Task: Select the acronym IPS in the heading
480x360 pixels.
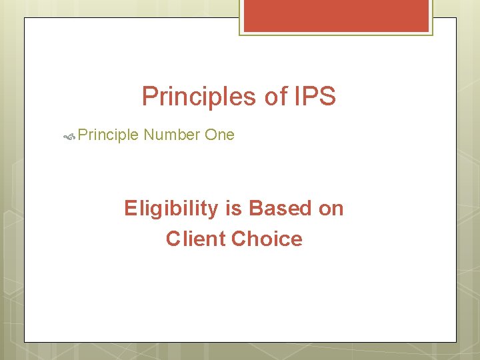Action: click(x=314, y=97)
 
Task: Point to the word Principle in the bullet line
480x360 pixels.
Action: click(x=107, y=135)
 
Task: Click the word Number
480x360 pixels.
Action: click(x=171, y=135)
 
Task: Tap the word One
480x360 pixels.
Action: click(x=219, y=135)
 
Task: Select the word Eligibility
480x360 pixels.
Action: click(x=171, y=209)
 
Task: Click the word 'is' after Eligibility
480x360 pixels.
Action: click(x=233, y=209)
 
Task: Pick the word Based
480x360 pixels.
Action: click(x=279, y=209)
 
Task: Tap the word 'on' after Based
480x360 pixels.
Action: click(x=331, y=209)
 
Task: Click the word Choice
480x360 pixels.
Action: click(x=267, y=239)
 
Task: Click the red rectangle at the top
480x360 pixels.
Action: click(x=336, y=15)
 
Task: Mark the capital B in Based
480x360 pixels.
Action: click(x=255, y=209)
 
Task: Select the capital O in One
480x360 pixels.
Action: click(x=210, y=135)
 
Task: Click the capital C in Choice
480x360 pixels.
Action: click(x=239, y=239)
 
